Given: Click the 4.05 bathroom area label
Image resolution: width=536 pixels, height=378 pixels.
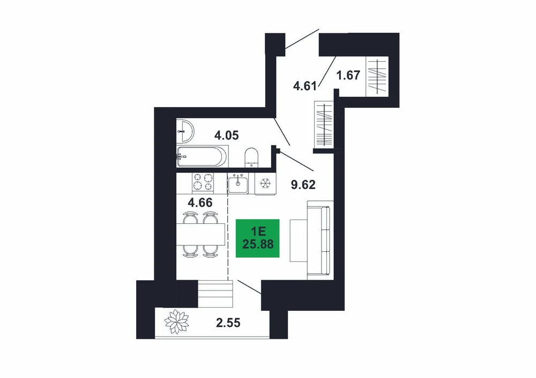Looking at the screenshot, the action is tap(226, 136).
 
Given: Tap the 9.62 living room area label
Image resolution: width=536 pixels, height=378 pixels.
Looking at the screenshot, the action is tap(303, 185).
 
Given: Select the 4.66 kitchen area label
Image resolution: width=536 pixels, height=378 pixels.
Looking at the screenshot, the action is tap(200, 203).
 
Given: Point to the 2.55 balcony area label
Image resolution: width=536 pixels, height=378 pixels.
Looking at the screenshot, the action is tap(228, 323).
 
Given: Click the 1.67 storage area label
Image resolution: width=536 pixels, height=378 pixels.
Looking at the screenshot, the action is tap(348, 75).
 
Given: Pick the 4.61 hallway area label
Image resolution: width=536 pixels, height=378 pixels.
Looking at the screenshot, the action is tap(305, 85).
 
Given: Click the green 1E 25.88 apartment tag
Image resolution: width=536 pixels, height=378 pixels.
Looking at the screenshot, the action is tap(258, 238).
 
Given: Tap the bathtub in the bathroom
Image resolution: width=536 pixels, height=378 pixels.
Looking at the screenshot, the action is tap(202, 157).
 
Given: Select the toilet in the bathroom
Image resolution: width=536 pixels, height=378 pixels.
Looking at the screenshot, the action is tap(251, 158).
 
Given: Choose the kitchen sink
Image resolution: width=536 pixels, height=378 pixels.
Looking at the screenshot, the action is tap(239, 183).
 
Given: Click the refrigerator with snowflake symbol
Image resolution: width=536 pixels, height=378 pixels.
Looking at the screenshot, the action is tap(265, 184).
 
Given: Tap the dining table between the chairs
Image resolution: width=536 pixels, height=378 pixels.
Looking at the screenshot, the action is tap(200, 234).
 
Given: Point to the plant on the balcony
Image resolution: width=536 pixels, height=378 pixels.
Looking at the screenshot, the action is tap(176, 322).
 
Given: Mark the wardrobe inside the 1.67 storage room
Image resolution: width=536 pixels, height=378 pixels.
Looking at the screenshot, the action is tap(377, 76).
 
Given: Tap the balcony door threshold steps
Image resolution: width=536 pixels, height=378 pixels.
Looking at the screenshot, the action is tap(215, 294).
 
